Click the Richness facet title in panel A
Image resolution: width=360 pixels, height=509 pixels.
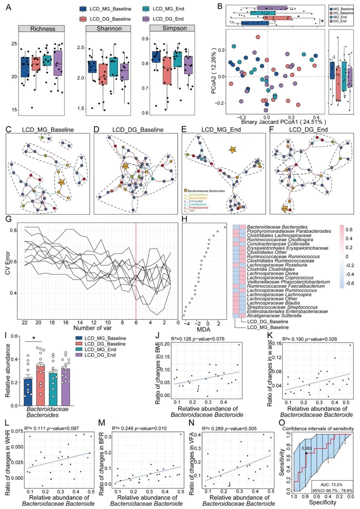(x=43, y=29)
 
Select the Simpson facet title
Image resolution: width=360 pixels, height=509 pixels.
(x=174, y=28)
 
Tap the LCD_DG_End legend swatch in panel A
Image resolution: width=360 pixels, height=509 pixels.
(x=146, y=19)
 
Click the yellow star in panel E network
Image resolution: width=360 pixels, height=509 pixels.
(x=232, y=150)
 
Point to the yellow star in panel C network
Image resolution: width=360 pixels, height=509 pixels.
(x=61, y=182)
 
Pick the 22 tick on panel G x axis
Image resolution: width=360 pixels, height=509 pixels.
(x=24, y=322)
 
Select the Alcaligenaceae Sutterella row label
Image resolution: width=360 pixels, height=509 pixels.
(x=274, y=316)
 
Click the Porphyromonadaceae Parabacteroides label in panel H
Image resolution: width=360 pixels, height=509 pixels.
(x=289, y=231)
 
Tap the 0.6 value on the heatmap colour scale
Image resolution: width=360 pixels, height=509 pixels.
(x=349, y=230)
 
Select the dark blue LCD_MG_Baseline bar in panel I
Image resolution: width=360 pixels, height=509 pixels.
(x=28, y=391)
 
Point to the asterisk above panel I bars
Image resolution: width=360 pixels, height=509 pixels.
(x=34, y=338)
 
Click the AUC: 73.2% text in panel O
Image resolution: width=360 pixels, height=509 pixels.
(x=331, y=484)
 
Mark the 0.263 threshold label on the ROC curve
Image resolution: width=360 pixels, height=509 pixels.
(x=307, y=448)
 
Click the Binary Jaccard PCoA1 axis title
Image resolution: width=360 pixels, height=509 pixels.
(x=283, y=122)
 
